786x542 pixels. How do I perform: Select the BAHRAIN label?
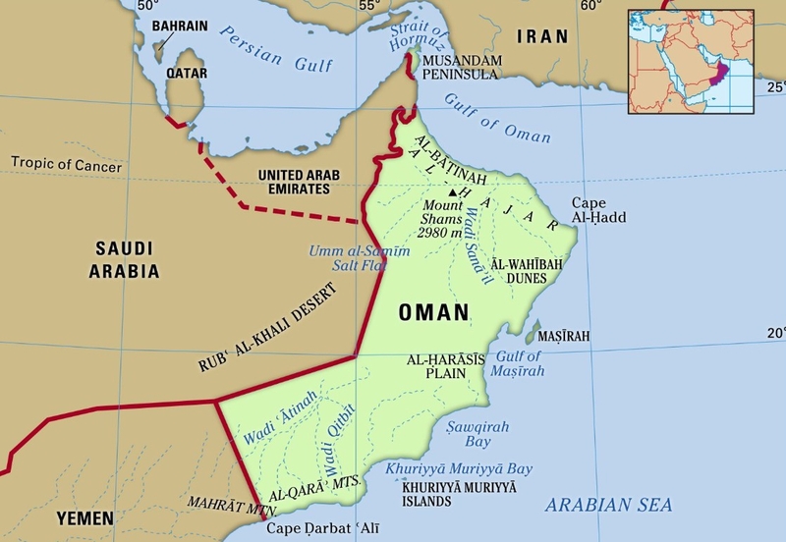(x=180, y=24)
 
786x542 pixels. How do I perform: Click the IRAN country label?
(x=543, y=37)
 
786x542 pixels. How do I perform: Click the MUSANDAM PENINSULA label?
(x=462, y=68)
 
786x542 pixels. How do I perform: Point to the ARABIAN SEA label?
(x=609, y=506)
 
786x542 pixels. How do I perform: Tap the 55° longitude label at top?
(x=368, y=7)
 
